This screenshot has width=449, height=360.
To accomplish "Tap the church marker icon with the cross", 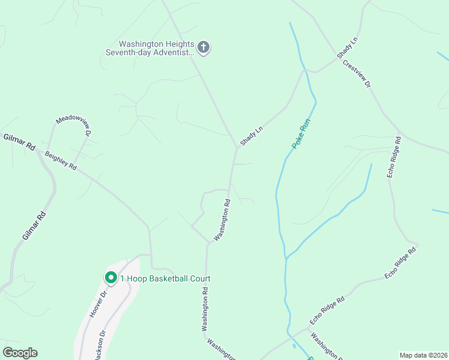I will click(x=203, y=47).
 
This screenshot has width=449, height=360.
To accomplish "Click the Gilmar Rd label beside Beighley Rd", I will click(x=19, y=142).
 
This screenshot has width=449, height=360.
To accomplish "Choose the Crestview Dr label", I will click(x=357, y=74).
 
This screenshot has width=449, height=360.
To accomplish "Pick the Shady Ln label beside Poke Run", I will click(x=252, y=136).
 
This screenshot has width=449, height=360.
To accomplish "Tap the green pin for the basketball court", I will click(x=110, y=277).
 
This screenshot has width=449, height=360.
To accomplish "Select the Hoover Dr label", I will click(x=97, y=304).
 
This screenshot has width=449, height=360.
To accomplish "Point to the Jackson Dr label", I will click(x=100, y=344).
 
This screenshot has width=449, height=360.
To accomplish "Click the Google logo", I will click(x=20, y=353).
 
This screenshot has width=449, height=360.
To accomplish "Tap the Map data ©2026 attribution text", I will click(x=423, y=355).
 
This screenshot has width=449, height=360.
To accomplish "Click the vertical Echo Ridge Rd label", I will click(x=393, y=157).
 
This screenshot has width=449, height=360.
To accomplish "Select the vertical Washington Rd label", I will click(x=205, y=309).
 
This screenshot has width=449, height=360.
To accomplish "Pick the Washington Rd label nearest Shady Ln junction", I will click(x=222, y=220).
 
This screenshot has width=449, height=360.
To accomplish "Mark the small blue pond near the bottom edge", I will click(x=293, y=346).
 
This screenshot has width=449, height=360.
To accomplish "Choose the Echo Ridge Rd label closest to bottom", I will click(x=327, y=311).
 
